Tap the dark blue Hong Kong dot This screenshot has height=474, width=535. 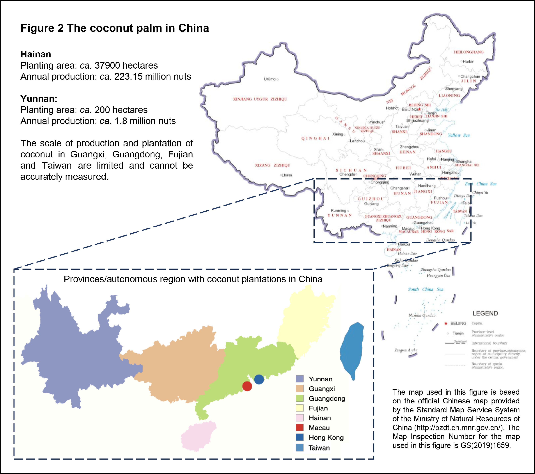click(259, 379)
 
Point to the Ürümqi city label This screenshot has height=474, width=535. click(270, 79)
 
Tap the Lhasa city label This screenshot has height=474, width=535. click(287, 175)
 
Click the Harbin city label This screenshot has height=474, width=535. click(468, 62)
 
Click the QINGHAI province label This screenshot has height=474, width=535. click(315, 138)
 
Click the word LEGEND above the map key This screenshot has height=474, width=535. click(485, 313)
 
